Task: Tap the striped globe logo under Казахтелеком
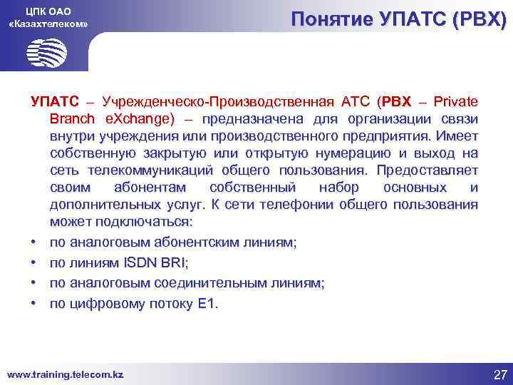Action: coord(47,52)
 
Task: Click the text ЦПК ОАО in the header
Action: coord(48,11)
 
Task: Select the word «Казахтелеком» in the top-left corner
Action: coord(48,24)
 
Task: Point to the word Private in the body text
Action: coord(455,101)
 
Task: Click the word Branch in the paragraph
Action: coord(74,118)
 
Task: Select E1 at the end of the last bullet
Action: coord(208,303)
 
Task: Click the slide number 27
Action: coord(500,374)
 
